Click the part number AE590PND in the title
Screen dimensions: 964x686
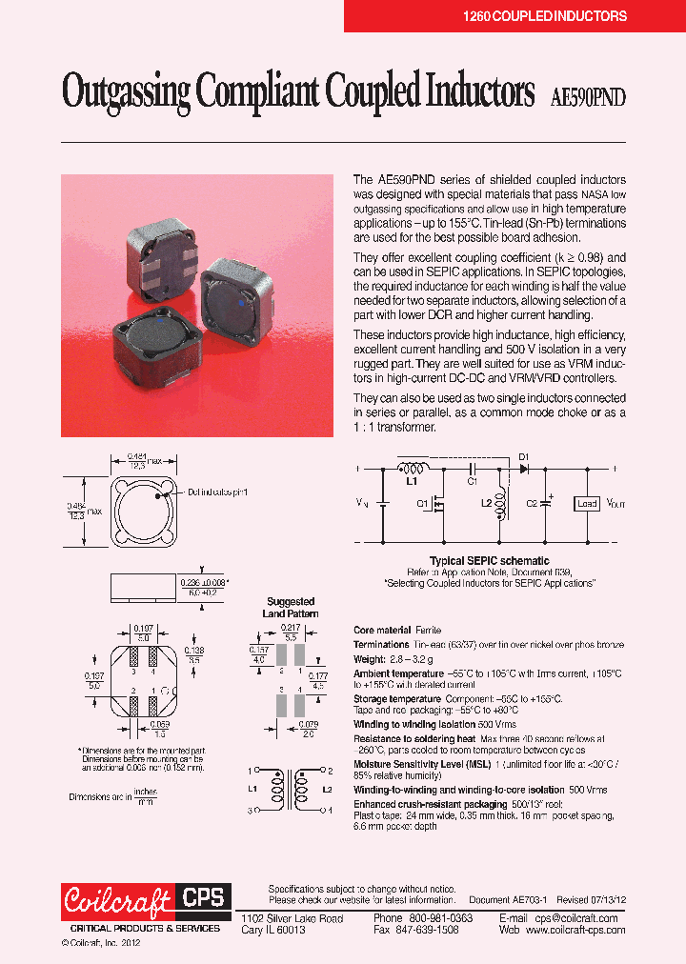coord(589,95)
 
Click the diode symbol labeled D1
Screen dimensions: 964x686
coord(524,469)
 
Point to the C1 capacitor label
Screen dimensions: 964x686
coord(472,482)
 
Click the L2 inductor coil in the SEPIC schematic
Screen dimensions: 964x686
coord(502,503)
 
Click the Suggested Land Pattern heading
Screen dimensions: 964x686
coord(290,608)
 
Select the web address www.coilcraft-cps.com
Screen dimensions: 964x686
coord(575,930)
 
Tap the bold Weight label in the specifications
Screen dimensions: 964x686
coord(369,659)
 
